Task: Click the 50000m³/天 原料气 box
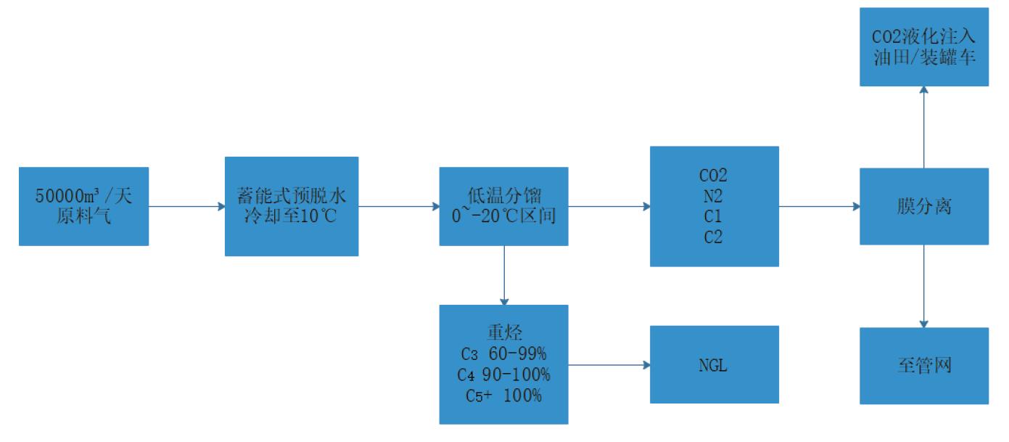84,206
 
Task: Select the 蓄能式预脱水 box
292,206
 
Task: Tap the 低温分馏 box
503,206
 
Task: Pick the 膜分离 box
924,206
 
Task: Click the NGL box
714,364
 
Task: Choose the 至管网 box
924,365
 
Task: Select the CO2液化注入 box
924,47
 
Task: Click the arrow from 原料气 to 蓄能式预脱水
186,206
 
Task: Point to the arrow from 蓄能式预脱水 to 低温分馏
398,206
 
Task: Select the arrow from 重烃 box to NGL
609,364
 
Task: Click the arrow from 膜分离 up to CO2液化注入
924,127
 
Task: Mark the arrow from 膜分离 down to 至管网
924,286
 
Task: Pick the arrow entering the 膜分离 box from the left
819,206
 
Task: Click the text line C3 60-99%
503,354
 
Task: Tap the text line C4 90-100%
503,375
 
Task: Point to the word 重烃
503,333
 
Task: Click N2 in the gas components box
714,196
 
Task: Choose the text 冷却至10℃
292,216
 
